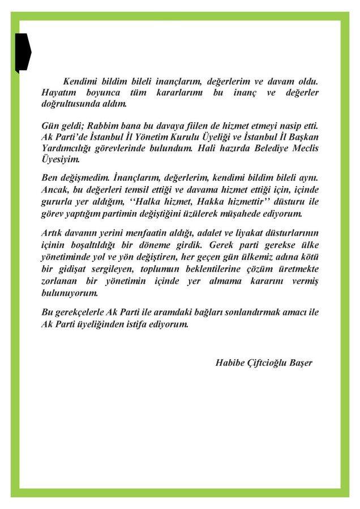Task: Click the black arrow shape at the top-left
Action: (23, 53)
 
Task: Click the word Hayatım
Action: (60, 92)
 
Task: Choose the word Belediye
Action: (263, 148)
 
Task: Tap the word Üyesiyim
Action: (61, 159)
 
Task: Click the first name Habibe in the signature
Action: (230, 362)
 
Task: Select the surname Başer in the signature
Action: (299, 362)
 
